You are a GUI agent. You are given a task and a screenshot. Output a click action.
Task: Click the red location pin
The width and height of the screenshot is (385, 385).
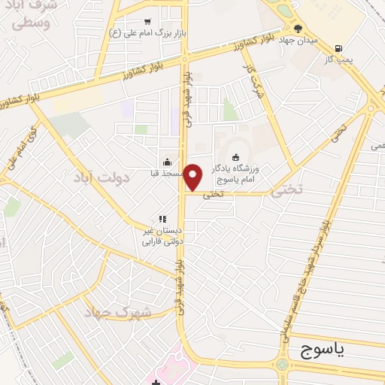tap(193, 176)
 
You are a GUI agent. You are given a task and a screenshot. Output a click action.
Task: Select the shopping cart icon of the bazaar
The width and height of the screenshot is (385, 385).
tap(147, 22)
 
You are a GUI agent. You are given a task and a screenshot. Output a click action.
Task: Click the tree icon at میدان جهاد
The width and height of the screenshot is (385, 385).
tap(299, 29)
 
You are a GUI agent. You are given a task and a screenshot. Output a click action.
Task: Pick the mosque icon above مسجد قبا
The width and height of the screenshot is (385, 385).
tap(167, 162)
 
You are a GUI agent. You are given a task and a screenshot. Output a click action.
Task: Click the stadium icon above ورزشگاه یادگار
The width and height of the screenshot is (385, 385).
tap(237, 157)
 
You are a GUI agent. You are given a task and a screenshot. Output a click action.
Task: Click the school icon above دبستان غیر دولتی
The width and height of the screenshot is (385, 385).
tap(162, 219)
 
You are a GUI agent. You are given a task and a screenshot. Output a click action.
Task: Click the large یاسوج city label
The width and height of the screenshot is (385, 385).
tap(326, 350)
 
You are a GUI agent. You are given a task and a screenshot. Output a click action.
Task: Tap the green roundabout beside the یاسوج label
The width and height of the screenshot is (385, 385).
tap(281, 365)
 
